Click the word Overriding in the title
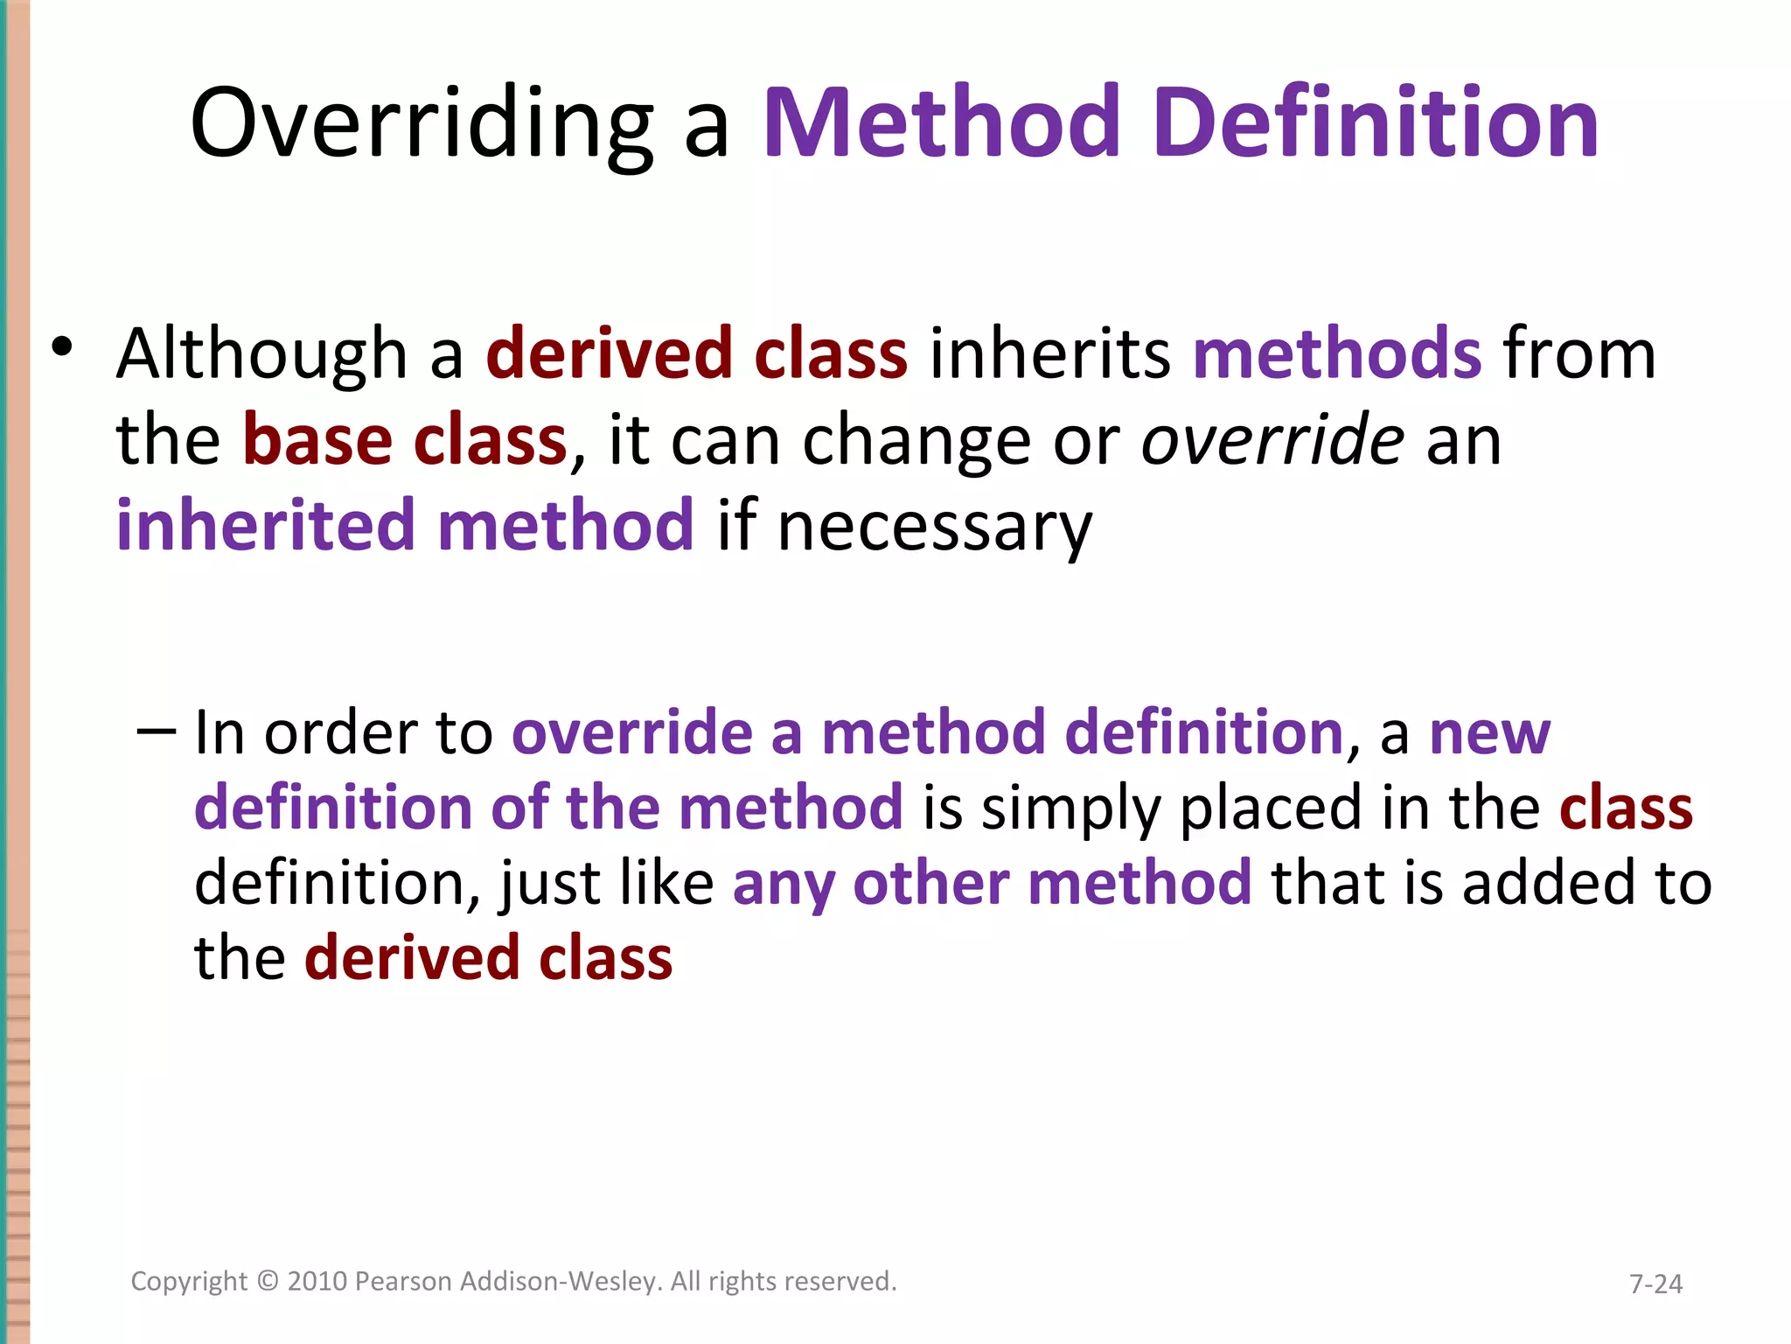421,124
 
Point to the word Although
261,354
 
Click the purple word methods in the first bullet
1337,354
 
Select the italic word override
1272,440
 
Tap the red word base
317,440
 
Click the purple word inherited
265,526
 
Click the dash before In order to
157,730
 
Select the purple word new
1489,733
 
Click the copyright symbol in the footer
268,1281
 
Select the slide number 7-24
1655,1284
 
